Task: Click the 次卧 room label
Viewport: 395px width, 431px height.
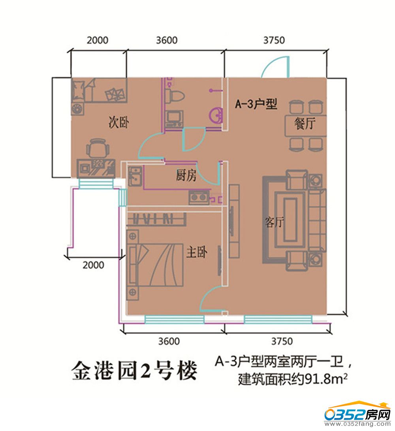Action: pos(118,122)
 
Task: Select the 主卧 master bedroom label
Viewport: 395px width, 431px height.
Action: pos(197,252)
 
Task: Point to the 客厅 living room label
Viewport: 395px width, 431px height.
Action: pos(274,222)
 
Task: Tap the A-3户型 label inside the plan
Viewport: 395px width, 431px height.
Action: pos(256,104)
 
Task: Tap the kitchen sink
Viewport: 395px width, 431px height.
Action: pos(135,176)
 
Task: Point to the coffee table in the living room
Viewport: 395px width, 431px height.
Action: pos(290,220)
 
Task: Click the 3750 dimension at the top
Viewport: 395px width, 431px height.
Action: pos(274,40)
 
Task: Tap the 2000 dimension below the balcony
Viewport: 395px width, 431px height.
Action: pos(94,265)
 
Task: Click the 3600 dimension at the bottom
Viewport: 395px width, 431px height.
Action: pos(169,341)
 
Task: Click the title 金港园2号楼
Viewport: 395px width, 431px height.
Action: pos(134,371)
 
